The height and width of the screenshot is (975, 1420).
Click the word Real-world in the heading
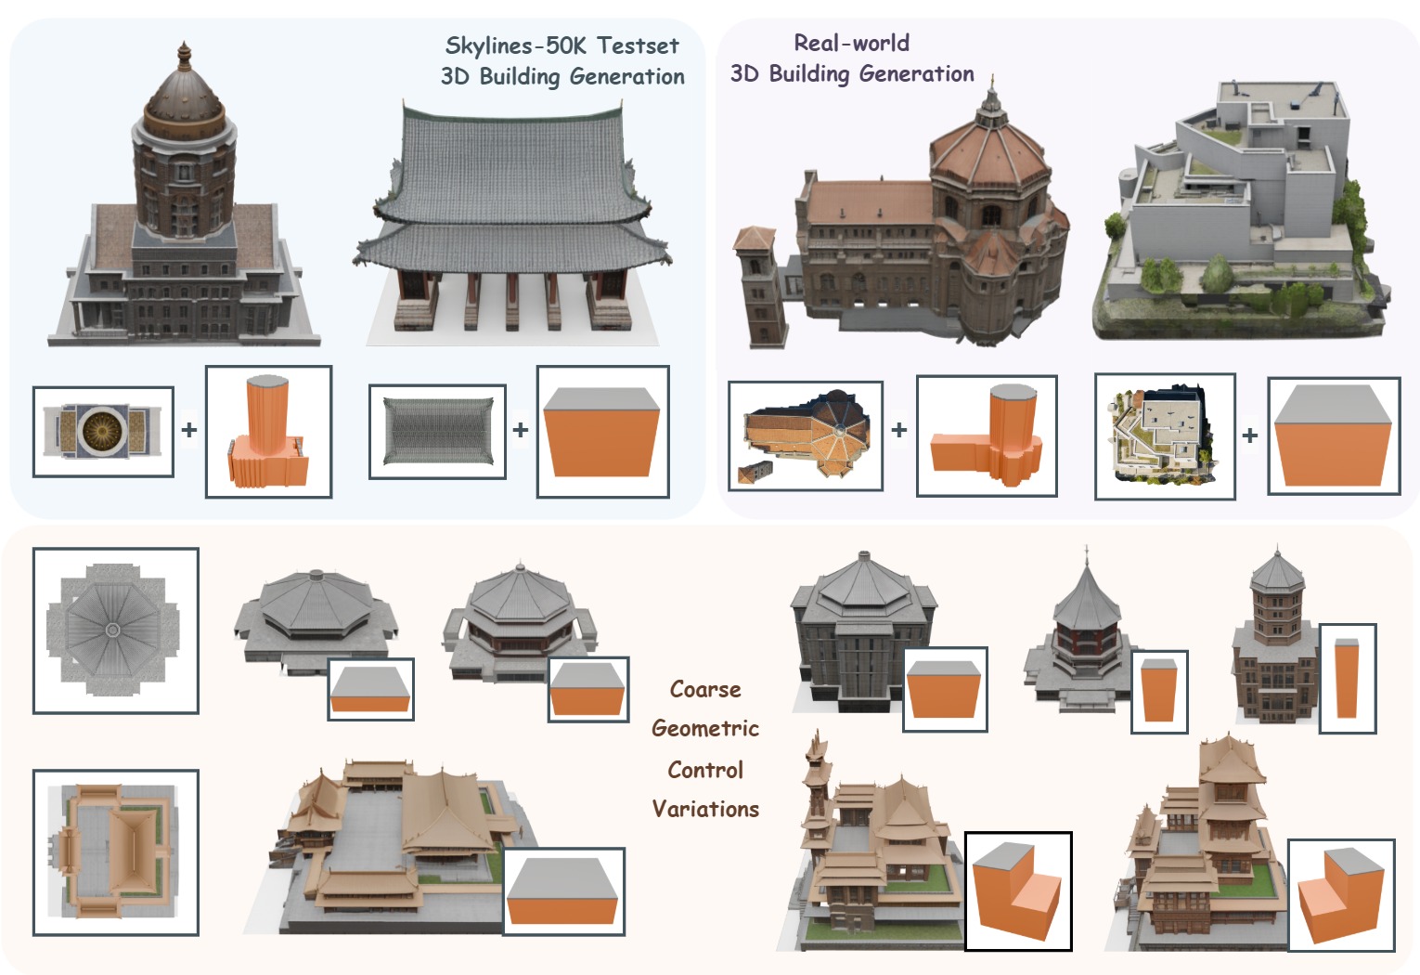click(x=851, y=43)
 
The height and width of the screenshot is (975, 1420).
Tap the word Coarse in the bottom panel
click(x=705, y=689)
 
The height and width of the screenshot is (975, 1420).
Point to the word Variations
click(x=705, y=809)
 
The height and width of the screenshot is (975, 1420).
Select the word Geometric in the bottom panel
click(x=705, y=728)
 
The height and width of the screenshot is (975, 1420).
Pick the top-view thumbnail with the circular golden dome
click(x=103, y=432)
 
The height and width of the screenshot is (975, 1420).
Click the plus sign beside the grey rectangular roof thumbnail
click(x=520, y=430)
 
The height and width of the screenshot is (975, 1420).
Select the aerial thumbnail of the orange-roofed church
click(x=805, y=435)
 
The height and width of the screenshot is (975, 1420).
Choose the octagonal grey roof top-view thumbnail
click(x=115, y=630)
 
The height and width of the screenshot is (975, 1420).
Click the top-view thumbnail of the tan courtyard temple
click(x=115, y=851)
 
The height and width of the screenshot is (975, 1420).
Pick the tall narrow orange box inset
click(x=1347, y=679)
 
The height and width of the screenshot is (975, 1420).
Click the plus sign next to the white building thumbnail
click(x=1250, y=435)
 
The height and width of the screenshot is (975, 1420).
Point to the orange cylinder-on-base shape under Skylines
click(x=268, y=433)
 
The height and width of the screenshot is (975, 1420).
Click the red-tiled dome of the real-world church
click(x=989, y=153)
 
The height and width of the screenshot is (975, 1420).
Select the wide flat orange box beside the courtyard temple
click(x=564, y=891)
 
